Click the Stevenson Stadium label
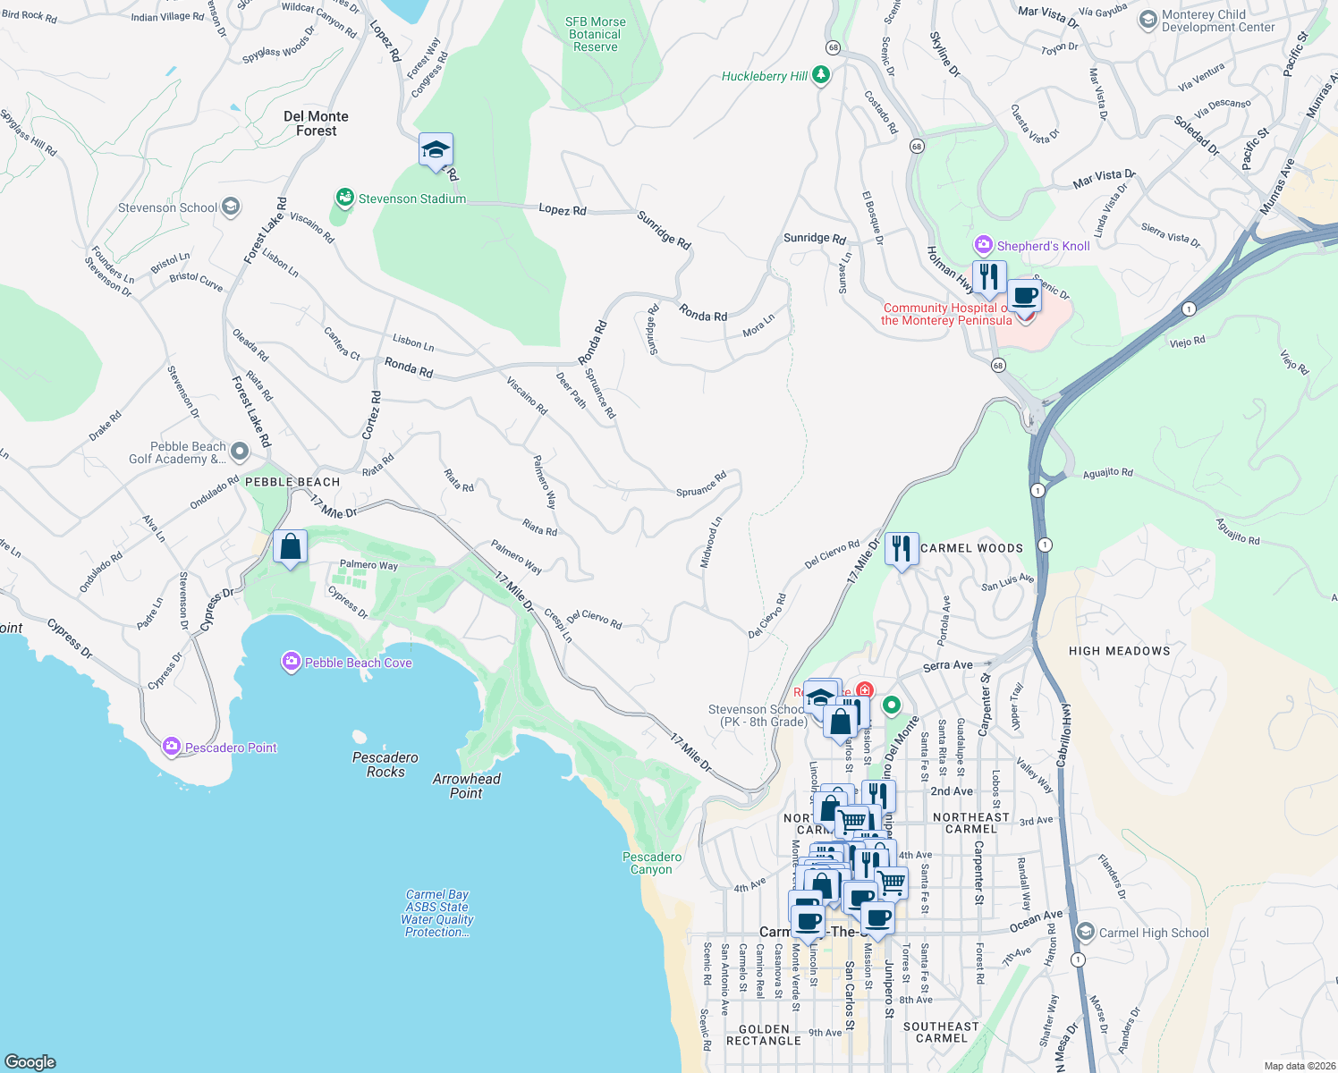click(x=411, y=199)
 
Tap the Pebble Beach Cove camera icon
click(x=291, y=662)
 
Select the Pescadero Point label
click(x=231, y=748)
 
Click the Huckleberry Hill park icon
click(x=821, y=76)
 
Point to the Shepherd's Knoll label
click(x=1043, y=246)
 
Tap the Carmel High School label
click(x=1153, y=933)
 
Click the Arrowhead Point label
click(x=466, y=786)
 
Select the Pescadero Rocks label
click(x=385, y=765)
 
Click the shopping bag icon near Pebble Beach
click(x=291, y=547)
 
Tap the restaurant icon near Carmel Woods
click(x=902, y=549)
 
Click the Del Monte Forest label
click(x=316, y=123)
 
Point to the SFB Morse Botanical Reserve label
click(x=596, y=34)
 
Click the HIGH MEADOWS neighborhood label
click(x=1119, y=651)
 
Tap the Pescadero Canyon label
click(x=652, y=863)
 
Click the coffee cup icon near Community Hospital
click(x=1025, y=296)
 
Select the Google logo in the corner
click(x=30, y=1061)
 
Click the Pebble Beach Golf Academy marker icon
click(x=239, y=452)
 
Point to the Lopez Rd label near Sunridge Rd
click(x=562, y=210)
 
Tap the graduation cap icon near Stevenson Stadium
click(x=436, y=149)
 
